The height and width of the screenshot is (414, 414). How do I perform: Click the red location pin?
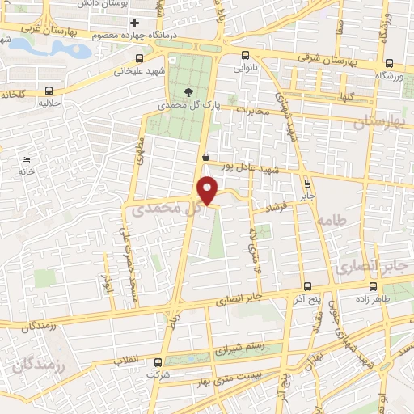point(209,190)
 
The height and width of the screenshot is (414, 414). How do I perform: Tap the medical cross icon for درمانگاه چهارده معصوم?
point(136,22)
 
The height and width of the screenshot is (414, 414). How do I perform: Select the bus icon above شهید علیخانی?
point(139,58)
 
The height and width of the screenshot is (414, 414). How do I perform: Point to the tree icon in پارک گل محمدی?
point(189,92)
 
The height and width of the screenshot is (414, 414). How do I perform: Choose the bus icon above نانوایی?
point(246,57)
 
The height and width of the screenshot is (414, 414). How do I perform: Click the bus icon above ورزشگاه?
point(388,62)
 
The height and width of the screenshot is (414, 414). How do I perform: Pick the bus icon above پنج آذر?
point(306,286)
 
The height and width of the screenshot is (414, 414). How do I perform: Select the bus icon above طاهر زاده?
point(372,285)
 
